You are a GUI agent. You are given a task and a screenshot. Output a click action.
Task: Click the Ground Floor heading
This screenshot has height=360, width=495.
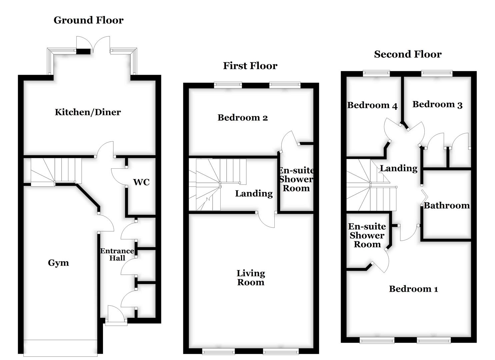click(88, 20)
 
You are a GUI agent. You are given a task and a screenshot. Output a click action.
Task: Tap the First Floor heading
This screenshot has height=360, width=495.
click(250, 66)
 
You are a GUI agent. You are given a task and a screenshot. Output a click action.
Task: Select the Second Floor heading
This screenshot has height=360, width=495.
click(408, 54)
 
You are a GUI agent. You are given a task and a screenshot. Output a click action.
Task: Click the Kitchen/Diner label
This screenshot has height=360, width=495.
click(88, 112)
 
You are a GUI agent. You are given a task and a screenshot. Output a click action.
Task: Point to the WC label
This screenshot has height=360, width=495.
click(141, 182)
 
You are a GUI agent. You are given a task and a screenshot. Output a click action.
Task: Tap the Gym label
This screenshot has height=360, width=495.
click(58, 263)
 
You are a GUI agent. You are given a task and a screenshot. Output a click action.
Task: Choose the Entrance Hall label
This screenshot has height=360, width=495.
click(117, 254)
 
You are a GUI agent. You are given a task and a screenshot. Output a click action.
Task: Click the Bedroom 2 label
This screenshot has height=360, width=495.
click(243, 118)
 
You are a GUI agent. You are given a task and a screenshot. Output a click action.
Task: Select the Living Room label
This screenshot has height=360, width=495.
click(251, 278)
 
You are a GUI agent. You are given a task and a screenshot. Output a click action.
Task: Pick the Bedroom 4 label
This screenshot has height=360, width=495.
click(372, 105)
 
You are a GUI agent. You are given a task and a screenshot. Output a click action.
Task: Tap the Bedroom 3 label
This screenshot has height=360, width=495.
click(437, 105)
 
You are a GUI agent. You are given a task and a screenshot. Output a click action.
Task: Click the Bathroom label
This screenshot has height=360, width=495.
click(447, 206)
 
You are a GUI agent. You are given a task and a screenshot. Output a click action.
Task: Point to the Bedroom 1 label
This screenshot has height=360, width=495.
click(413, 289)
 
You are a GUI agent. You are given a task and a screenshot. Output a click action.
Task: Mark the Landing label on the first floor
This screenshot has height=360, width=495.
click(254, 194)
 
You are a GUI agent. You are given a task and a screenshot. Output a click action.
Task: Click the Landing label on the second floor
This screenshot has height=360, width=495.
click(399, 168)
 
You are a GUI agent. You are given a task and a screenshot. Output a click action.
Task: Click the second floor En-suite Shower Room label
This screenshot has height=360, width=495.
click(367, 235)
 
